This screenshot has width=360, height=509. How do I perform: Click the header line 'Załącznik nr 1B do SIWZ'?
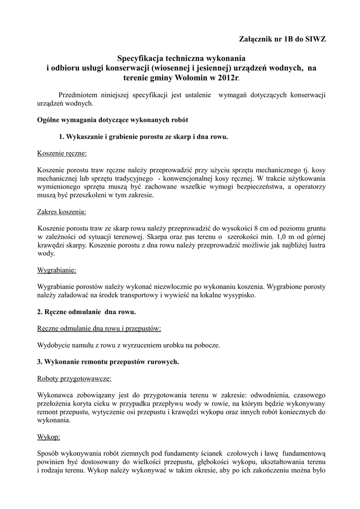pos(282,39)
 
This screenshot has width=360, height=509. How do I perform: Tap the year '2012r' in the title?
pos(228,78)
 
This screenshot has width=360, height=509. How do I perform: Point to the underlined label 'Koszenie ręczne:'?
pos(62,153)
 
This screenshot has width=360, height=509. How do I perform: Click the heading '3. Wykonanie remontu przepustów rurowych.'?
pos(108,362)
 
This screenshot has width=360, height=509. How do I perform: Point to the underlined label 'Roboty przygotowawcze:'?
pos(74,378)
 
